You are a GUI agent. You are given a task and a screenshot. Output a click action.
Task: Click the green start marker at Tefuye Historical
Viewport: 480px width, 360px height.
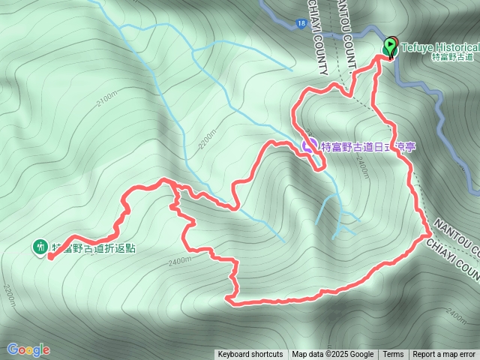click(x=390, y=46)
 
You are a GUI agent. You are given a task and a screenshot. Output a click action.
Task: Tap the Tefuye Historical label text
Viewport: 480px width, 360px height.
click(x=439, y=46)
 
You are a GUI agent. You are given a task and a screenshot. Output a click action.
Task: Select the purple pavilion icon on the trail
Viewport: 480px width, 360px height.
click(x=309, y=145)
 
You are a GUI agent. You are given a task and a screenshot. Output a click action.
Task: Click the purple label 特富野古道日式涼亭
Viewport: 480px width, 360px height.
click(x=367, y=147)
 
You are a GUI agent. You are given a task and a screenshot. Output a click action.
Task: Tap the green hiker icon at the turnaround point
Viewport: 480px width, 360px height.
click(x=40, y=246)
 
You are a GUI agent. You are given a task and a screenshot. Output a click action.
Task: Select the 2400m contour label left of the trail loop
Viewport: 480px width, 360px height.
click(x=181, y=262)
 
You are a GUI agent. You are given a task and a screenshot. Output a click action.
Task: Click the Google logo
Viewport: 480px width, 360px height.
click(x=28, y=349)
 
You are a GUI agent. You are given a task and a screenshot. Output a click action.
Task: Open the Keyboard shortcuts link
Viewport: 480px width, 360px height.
click(x=250, y=355)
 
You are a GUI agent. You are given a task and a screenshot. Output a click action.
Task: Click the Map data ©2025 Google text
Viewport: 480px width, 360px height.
click(x=333, y=355)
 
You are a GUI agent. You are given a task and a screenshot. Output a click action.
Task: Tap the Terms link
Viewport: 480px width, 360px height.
click(x=393, y=355)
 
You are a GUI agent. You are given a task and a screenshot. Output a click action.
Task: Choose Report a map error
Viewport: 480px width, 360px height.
click(x=444, y=355)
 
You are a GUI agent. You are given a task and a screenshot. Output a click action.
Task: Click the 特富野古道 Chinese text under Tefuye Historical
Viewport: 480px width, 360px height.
click(x=454, y=57)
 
